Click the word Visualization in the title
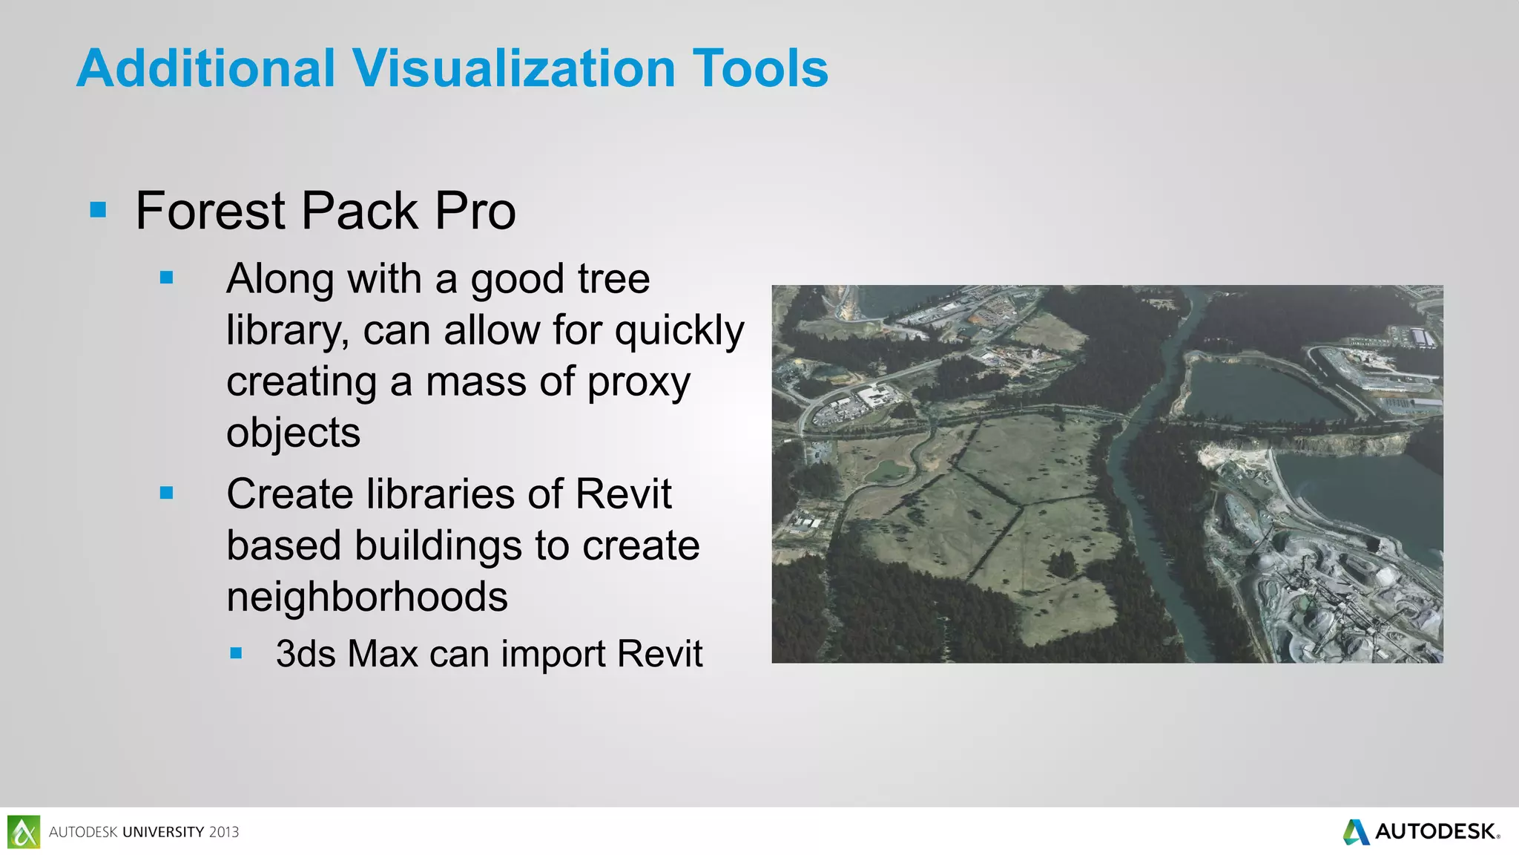coord(513,68)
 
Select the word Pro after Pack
coord(475,212)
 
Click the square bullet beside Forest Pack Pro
coord(98,211)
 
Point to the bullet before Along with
coord(166,278)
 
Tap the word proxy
coord(639,384)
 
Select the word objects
coord(293,433)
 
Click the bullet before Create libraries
coord(166,493)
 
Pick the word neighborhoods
coord(367,597)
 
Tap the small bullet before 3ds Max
coord(236,654)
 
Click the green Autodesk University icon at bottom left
coord(24,831)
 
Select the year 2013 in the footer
coord(224,832)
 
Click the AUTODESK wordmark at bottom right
coord(1436,831)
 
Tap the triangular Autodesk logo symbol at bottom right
coord(1357,832)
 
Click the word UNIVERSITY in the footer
coord(163,832)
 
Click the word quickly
coord(679,331)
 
